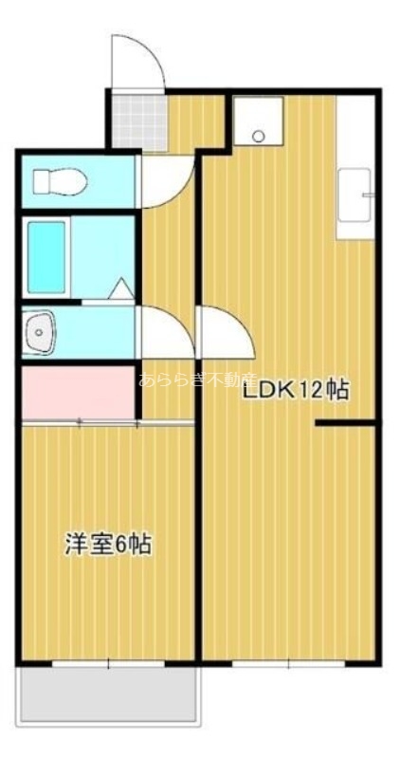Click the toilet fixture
[59, 179]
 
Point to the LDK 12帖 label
[296, 389]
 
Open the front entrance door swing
[133, 62]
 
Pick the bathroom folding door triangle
[122, 289]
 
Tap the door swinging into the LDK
[224, 332]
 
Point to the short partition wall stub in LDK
[346, 424]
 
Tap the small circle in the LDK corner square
[257, 136]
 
